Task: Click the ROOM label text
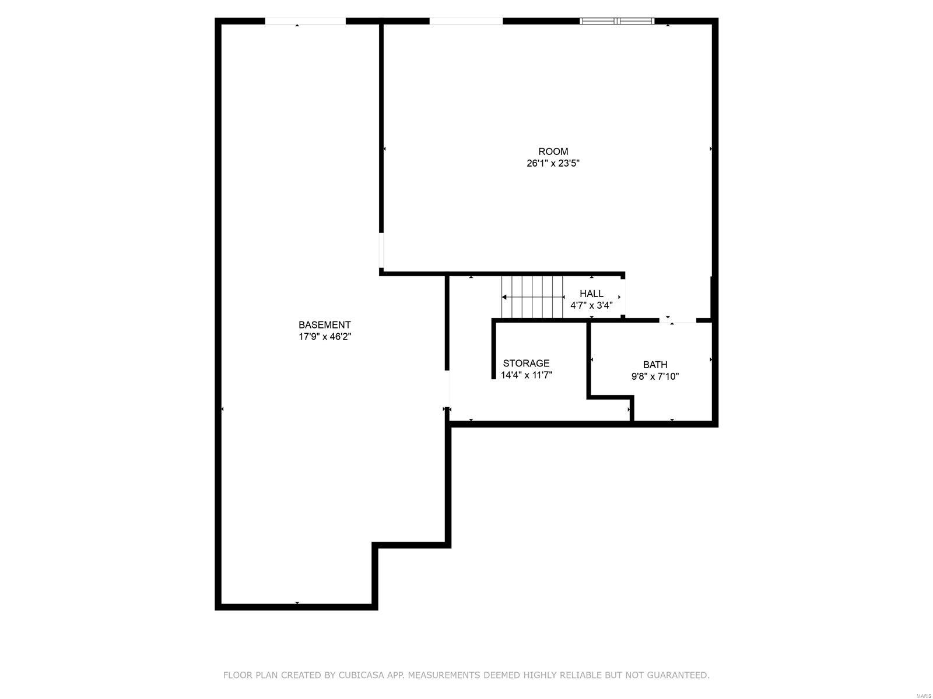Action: click(553, 151)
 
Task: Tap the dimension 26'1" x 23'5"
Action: click(553, 164)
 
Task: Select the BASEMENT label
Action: click(324, 325)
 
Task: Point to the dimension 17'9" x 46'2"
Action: click(324, 337)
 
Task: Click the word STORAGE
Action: click(526, 363)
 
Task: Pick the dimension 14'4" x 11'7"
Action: click(526, 375)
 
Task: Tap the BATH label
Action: click(655, 365)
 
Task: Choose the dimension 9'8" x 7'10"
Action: click(655, 376)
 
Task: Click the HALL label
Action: click(591, 294)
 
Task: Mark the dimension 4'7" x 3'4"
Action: click(591, 305)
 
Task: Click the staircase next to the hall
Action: click(532, 297)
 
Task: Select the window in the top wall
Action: click(617, 21)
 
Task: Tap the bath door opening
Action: click(678, 320)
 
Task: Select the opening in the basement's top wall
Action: click(305, 21)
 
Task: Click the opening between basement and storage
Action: click(447, 389)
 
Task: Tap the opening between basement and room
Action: click(382, 250)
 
